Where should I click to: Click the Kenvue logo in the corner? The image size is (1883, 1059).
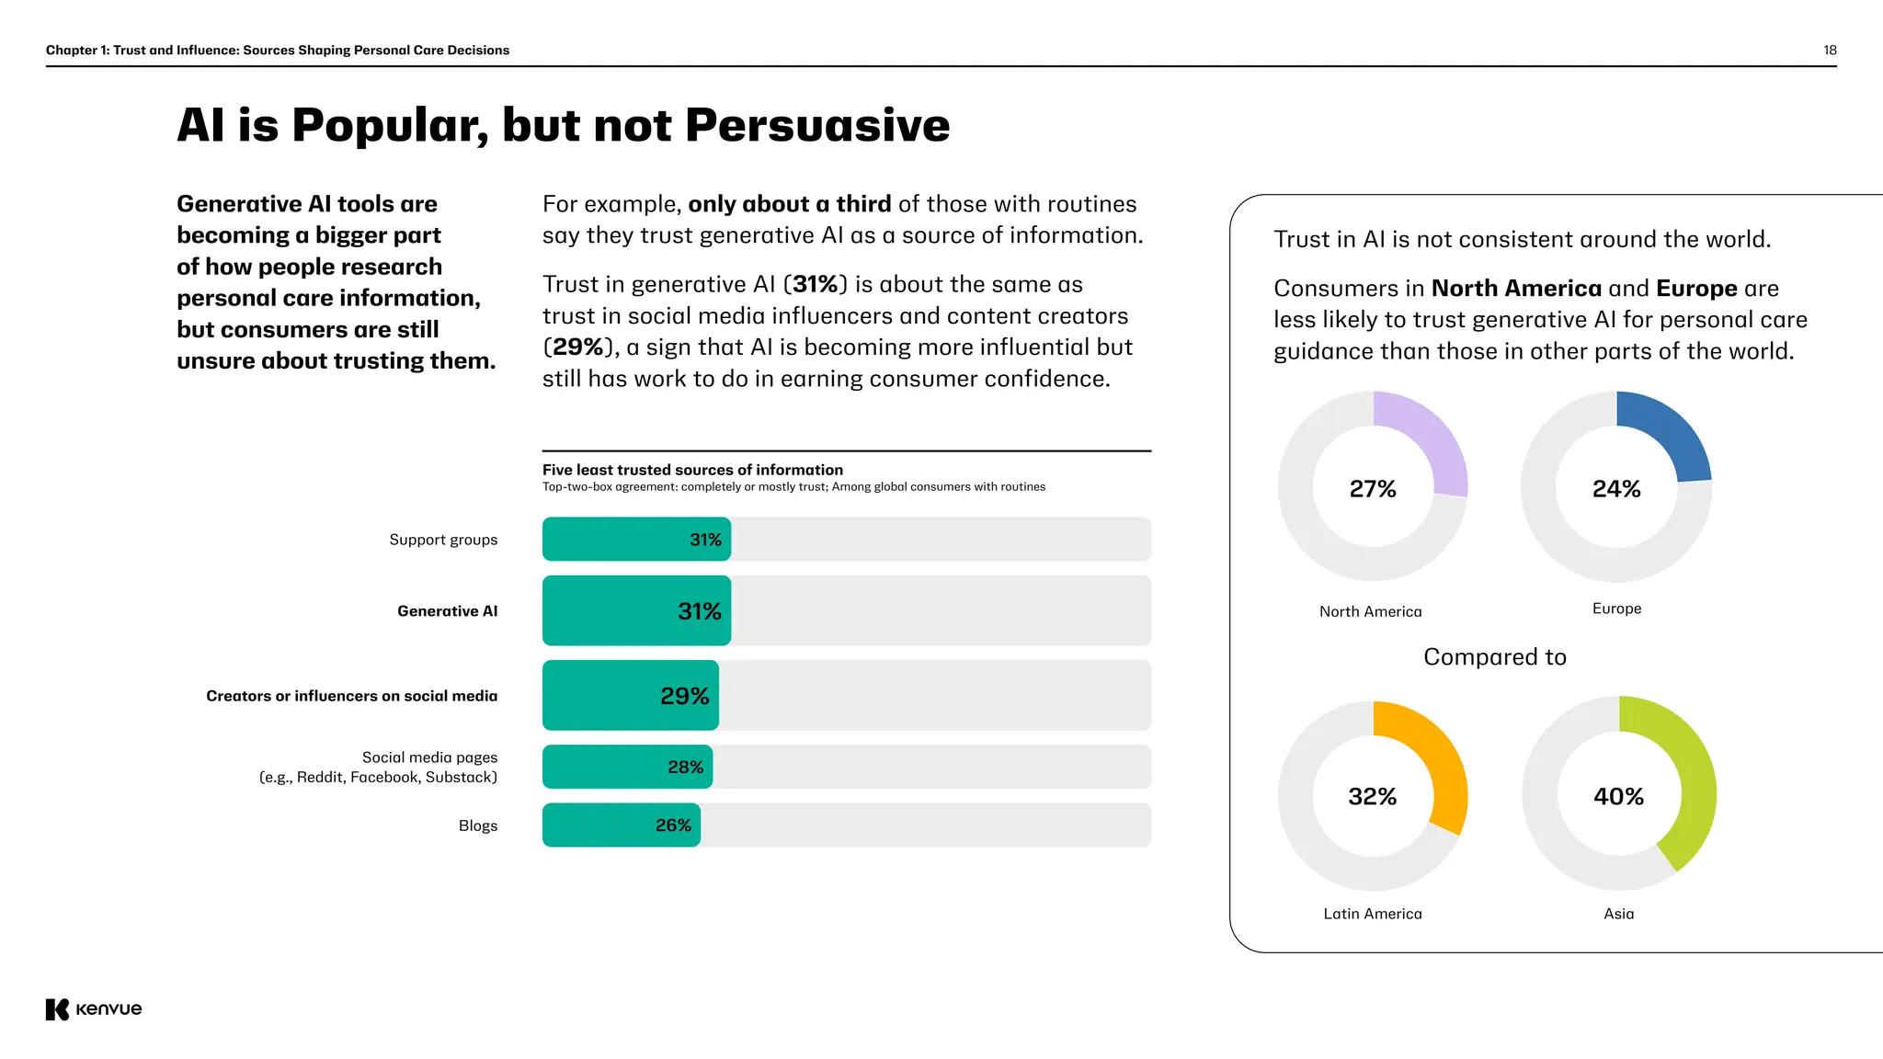pos(93,1008)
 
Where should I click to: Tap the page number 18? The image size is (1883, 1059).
pos(1830,50)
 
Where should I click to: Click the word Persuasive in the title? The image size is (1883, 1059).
pos(817,125)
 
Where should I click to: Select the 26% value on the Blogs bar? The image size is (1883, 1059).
pos(673,826)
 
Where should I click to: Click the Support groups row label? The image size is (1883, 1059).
pos(443,540)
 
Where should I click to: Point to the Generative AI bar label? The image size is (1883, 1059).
pos(447,611)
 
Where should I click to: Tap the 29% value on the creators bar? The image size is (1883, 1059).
pos(684,696)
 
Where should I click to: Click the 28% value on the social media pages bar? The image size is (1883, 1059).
pos(685,767)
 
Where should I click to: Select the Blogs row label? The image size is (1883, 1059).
pos(477,826)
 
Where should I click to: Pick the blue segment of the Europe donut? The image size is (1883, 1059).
pos(1670,432)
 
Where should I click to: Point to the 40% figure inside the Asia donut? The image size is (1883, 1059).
pos(1618,796)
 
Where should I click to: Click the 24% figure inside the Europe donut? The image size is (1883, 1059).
pos(1616,489)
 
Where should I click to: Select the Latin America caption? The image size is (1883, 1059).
pos(1372,914)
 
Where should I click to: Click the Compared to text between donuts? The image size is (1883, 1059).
pos(1494,657)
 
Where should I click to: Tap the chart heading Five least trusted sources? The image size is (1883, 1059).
pos(692,470)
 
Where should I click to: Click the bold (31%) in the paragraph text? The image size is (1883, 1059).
pos(815,284)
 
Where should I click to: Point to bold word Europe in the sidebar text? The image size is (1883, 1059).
pos(1696,289)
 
